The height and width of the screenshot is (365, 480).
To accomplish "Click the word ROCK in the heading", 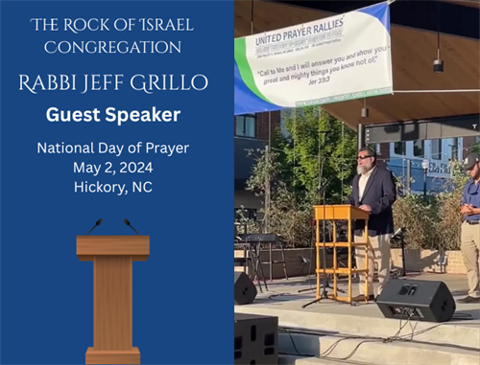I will (89, 22).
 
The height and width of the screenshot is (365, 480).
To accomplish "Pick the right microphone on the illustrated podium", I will (130, 225).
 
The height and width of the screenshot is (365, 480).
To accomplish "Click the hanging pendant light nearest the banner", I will (437, 64).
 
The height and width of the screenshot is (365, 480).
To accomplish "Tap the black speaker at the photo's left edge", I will (244, 286).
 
